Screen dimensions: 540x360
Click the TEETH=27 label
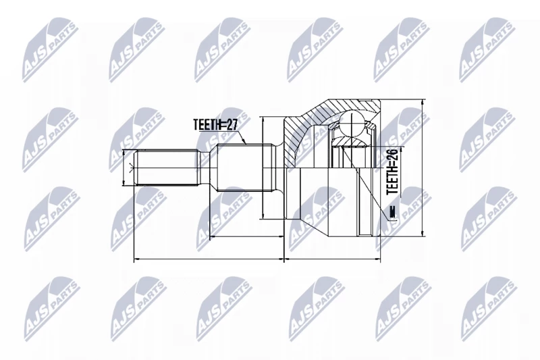click(215, 124)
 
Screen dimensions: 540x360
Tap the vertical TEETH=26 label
click(392, 172)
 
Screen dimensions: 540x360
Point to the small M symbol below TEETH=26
click(391, 213)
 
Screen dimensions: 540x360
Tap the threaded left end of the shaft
click(166, 168)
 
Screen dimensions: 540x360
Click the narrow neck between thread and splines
click(206, 168)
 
